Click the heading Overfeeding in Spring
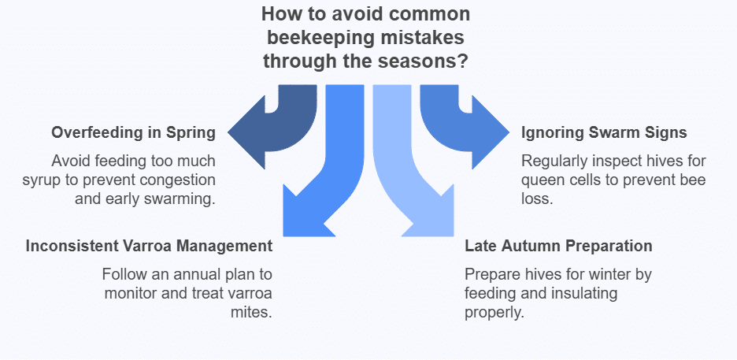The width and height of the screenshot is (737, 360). tap(133, 132)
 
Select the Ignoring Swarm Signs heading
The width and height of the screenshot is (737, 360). tap(604, 132)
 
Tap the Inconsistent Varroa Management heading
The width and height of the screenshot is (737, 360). tap(149, 246)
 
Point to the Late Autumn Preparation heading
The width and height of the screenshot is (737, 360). tap(558, 246)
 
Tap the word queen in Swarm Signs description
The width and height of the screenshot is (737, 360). tap(542, 180)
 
